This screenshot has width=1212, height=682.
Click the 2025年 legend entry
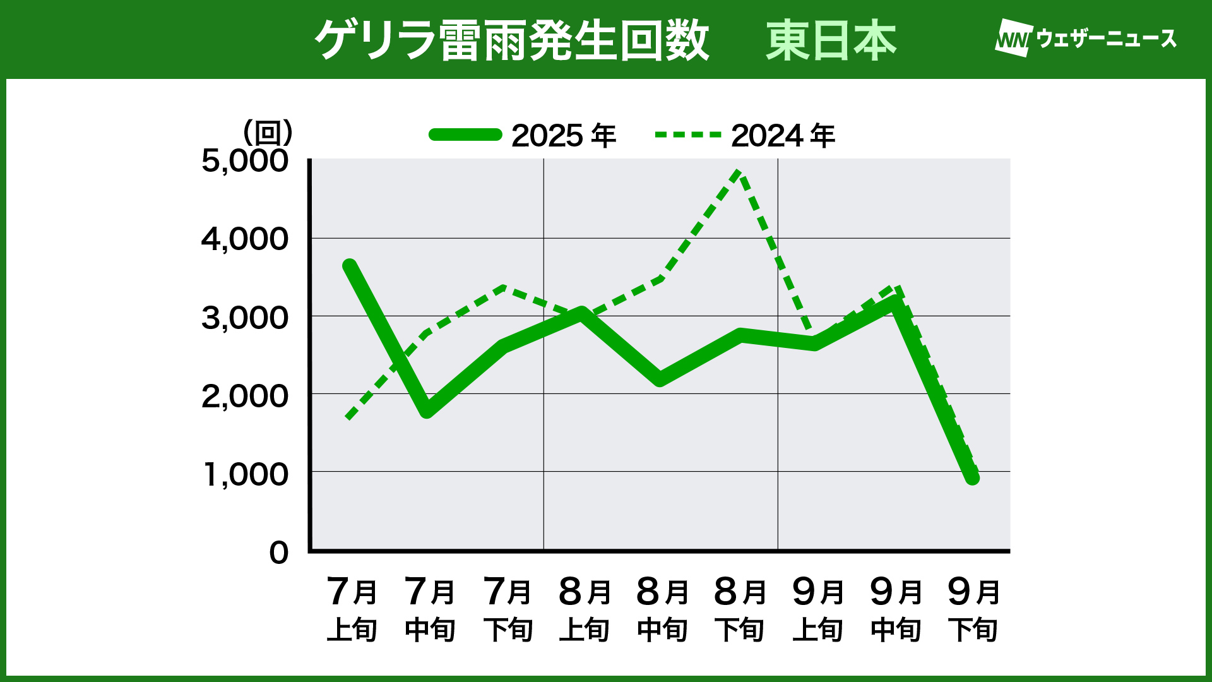pos(523,135)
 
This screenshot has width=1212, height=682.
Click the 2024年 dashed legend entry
pos(745,135)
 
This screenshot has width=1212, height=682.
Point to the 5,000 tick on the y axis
pos(245,161)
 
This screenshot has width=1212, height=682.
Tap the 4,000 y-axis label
pos(245,239)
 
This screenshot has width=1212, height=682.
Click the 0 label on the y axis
pos(278,553)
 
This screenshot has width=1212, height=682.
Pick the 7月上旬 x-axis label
pos(352,609)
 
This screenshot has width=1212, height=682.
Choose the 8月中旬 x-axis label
pos(662,609)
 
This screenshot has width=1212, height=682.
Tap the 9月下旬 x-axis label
pos(973,609)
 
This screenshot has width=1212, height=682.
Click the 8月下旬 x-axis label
pos(740,609)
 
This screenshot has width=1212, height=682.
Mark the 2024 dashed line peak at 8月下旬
pos(739,172)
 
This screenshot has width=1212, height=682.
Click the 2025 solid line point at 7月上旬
pos(350,266)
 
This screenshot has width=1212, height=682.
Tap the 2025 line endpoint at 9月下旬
pos(973,478)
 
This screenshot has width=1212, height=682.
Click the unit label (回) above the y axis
pos(268,133)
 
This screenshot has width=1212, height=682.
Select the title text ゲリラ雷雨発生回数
pos(512,40)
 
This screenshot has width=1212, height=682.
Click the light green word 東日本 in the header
pos(831,40)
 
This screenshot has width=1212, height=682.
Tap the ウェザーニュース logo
pos(1086,39)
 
